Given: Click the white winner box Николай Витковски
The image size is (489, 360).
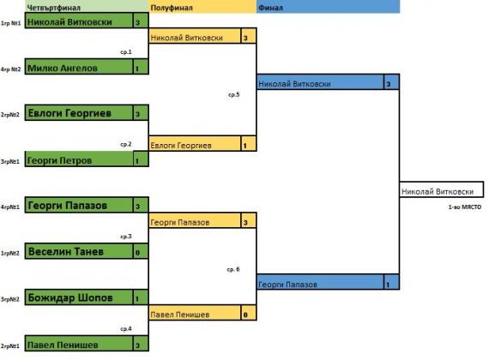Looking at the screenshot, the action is [x=442, y=189].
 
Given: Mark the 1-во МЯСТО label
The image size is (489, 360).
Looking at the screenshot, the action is [x=465, y=207].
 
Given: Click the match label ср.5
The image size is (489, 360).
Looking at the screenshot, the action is [x=234, y=94].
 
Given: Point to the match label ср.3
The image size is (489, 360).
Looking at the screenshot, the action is [x=126, y=237].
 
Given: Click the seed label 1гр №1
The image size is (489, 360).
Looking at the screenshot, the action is [x=11, y=23].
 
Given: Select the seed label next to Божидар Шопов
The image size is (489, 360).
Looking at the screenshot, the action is [x=10, y=299].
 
